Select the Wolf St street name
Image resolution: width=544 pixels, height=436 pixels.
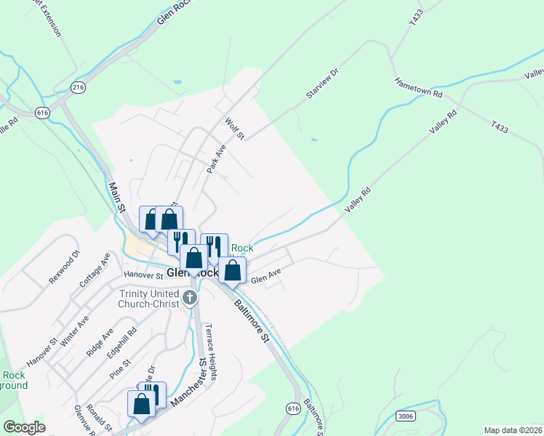(x=236, y=129)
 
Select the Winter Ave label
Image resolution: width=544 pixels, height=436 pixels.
(x=75, y=329)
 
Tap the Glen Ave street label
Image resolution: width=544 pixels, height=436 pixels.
(x=265, y=277)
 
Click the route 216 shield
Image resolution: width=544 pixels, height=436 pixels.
(x=78, y=86)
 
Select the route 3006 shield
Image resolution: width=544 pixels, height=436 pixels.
(x=407, y=415)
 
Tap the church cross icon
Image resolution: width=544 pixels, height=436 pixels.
(x=190, y=296)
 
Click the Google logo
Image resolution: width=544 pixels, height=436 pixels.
(x=24, y=427)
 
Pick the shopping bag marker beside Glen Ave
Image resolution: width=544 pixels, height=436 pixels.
(x=233, y=271)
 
